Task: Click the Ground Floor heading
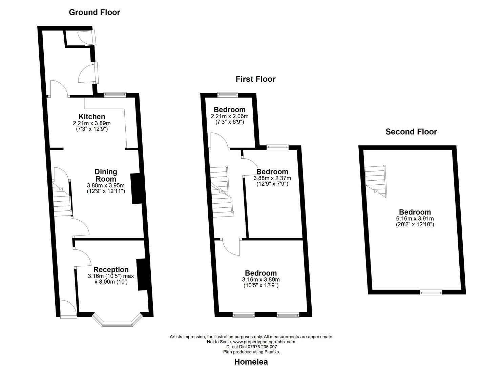coord(94,12)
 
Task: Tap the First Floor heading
coord(255,79)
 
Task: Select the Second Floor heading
coord(411,132)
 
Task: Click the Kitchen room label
coord(92,117)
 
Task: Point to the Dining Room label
coord(106,176)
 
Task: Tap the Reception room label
coord(111,270)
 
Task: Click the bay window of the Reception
coord(117,320)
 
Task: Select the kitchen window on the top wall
coord(115,95)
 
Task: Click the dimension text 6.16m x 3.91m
coord(415,219)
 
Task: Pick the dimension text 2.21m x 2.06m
coord(230,116)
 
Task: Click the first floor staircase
coord(222,191)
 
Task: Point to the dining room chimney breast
coord(136,189)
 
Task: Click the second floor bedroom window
coord(431,292)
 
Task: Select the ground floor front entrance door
coord(69,309)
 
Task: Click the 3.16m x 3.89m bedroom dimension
coord(261,280)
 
